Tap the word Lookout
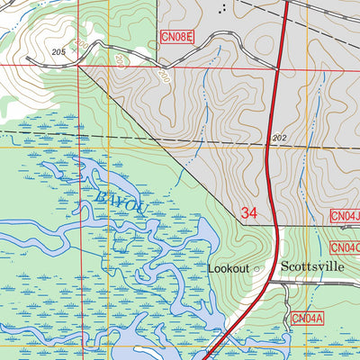228,268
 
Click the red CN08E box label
177,37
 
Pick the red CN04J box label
345,216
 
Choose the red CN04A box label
306,318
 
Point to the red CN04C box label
345,247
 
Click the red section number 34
250,213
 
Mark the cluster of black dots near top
223,8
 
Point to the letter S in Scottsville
285,266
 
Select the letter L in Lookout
211,268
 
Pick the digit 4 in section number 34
256,213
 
